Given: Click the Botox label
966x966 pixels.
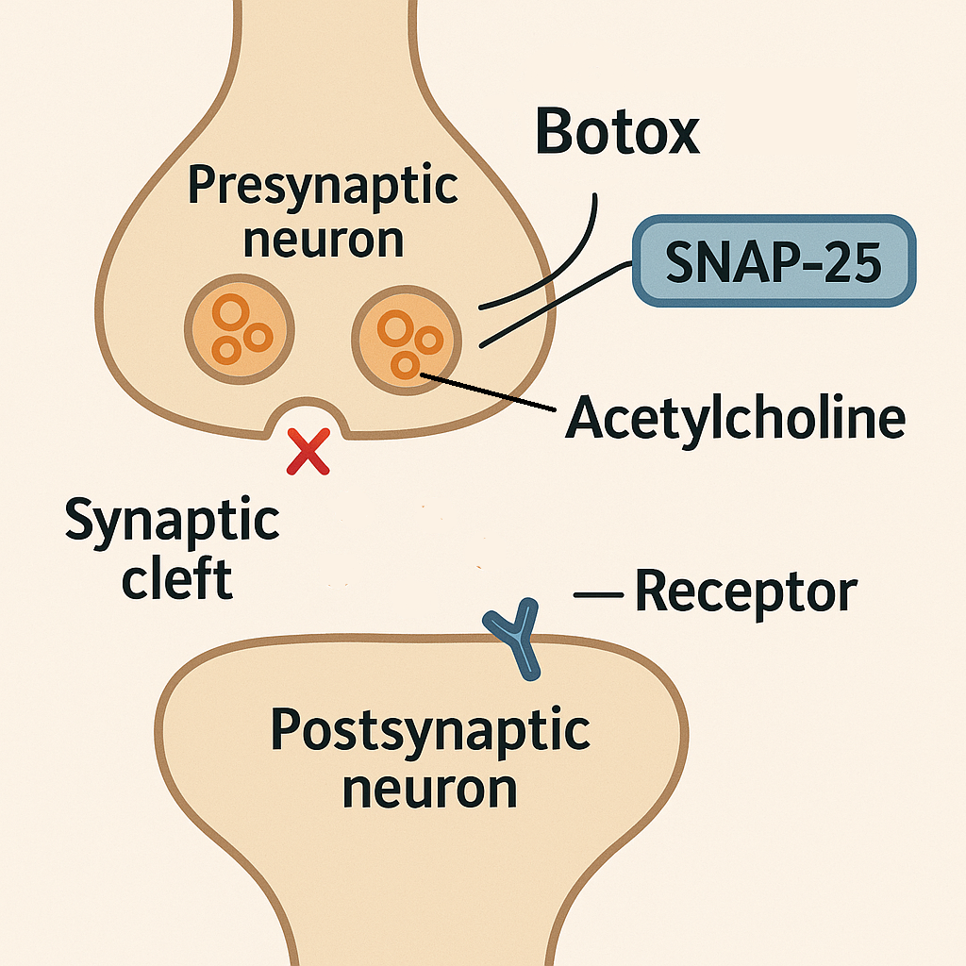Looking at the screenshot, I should [x=618, y=131].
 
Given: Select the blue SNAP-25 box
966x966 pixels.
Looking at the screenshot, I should [x=774, y=260].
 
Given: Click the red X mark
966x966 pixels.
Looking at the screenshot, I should [x=308, y=451].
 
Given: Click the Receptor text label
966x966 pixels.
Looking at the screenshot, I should [x=745, y=591].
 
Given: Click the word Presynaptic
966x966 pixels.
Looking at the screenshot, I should [x=323, y=188].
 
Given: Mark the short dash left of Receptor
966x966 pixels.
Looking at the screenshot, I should [x=598, y=594].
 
